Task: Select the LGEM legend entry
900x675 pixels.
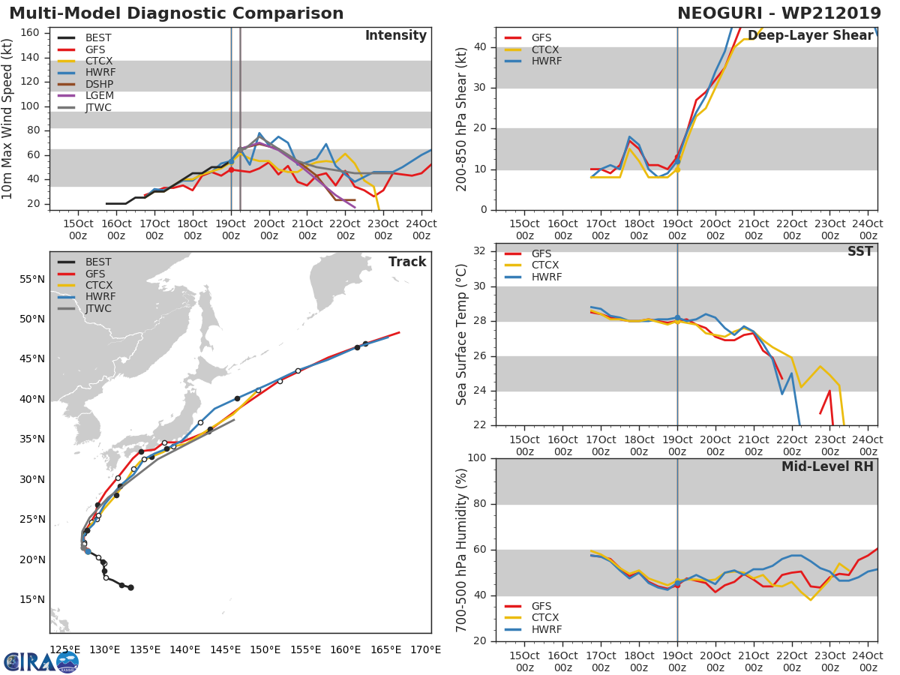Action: point(99,96)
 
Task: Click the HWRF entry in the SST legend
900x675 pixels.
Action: point(546,277)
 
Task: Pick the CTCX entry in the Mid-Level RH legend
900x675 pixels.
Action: point(546,617)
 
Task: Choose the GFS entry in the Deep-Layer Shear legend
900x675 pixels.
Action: point(541,37)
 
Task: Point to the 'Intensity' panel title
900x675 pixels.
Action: point(395,36)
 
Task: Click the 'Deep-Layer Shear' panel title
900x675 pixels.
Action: point(810,36)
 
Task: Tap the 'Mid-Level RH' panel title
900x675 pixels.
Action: point(827,466)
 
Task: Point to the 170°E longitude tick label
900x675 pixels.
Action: point(425,649)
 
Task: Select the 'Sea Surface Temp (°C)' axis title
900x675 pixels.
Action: point(463,334)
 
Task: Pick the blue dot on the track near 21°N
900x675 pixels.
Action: point(88,551)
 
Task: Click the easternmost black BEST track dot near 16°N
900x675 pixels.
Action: point(130,587)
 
